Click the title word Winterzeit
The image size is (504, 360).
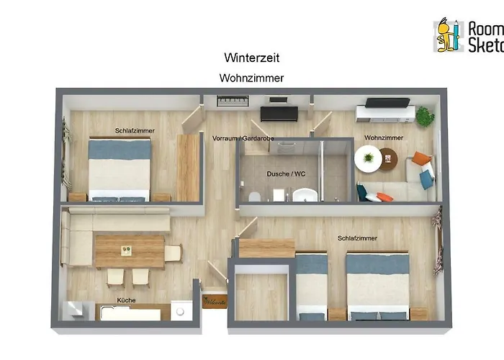pos(251,57)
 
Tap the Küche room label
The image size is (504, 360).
pos(126,300)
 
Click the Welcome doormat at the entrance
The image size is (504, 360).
pos(214,302)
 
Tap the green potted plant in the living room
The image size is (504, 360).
pos(425,115)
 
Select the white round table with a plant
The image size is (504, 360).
pos(368,158)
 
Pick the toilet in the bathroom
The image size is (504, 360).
pos(253,197)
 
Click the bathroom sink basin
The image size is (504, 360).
pos(305,195)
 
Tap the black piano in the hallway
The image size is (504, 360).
pos(279,112)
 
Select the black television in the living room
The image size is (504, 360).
pos(387,102)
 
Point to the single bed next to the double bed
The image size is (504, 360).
pos(312,284)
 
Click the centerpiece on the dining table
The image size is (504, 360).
pos(127,251)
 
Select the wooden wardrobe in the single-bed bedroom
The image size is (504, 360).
pos(188,167)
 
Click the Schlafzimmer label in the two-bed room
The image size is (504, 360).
pos(357,238)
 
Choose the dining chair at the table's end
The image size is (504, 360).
pos(173,253)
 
